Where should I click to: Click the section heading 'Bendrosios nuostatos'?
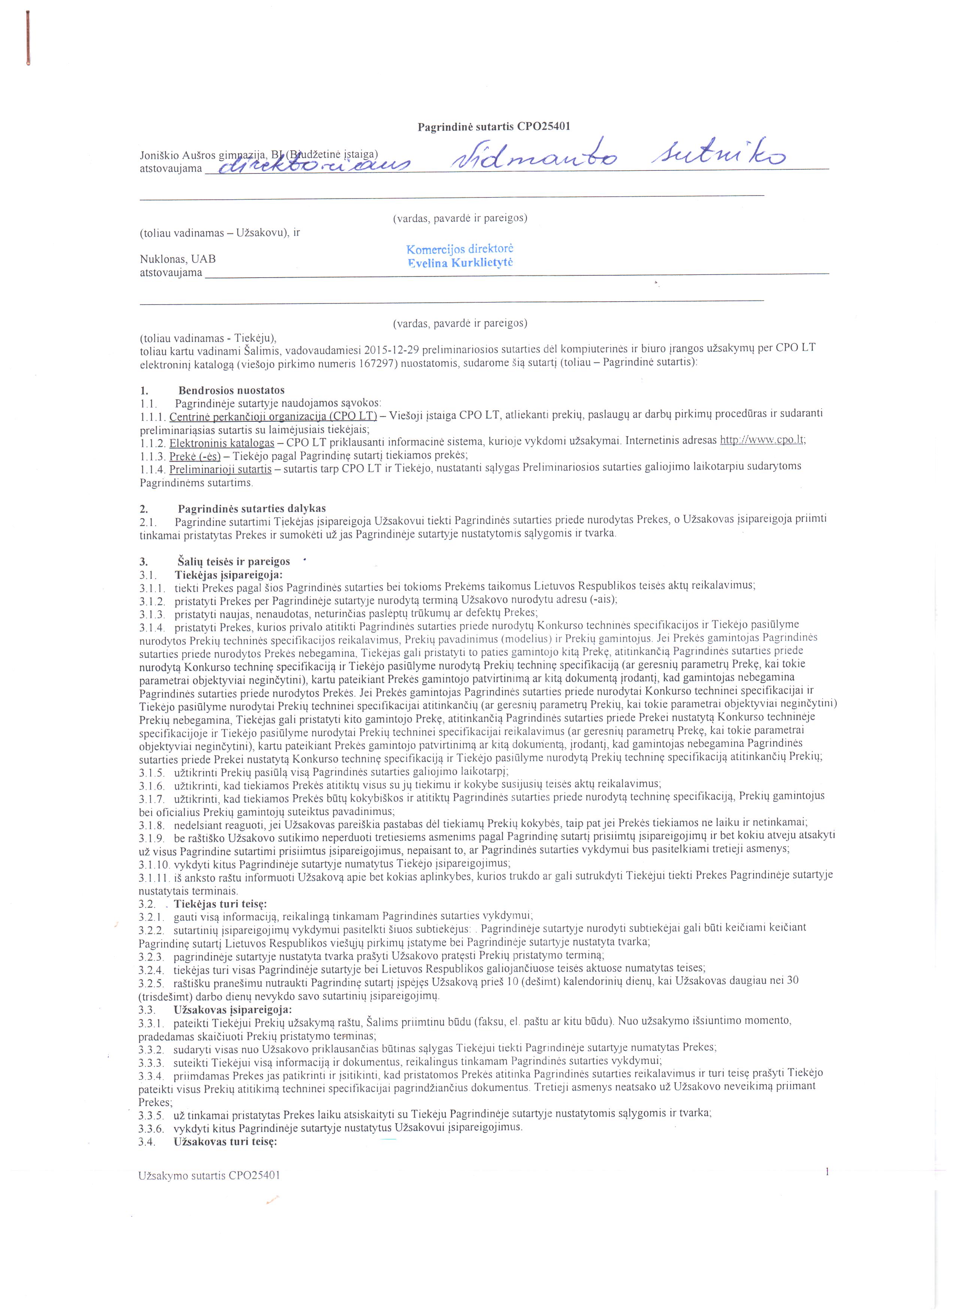231,390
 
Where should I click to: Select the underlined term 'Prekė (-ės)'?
191,456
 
